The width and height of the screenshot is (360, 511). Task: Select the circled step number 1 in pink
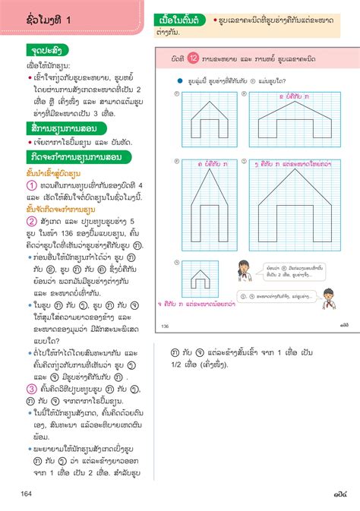(x=32, y=185)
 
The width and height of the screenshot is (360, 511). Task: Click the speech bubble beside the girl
(x=286, y=270)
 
